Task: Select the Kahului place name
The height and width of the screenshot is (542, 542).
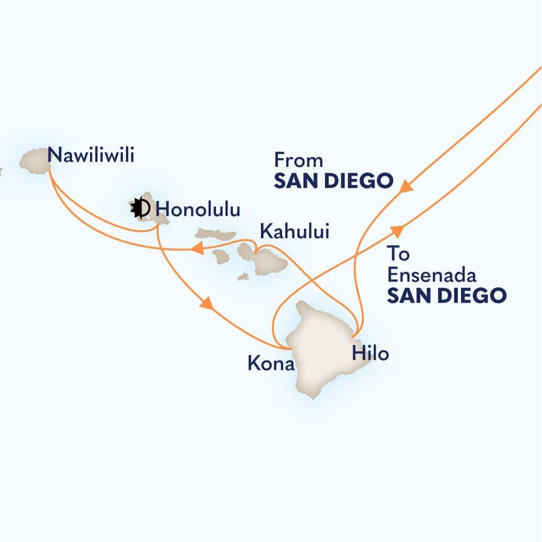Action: (x=294, y=231)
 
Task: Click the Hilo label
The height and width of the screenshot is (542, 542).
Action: (x=371, y=354)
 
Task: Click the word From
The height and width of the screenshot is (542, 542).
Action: (x=299, y=160)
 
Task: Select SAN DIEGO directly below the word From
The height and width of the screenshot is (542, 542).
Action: (x=333, y=181)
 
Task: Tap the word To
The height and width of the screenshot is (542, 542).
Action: (x=398, y=254)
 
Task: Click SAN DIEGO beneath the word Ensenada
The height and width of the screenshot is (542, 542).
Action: (x=446, y=295)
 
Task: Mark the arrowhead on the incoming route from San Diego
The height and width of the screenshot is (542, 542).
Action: (x=406, y=186)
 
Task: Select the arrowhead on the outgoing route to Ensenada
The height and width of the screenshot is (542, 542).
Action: (x=398, y=230)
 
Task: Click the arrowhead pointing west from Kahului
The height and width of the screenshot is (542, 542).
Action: (x=197, y=248)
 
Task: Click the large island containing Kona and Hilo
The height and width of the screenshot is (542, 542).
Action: (x=318, y=349)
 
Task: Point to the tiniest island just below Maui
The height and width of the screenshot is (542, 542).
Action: (x=243, y=276)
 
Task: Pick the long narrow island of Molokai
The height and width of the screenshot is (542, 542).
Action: (x=215, y=234)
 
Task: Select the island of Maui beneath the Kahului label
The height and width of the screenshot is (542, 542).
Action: (x=267, y=261)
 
